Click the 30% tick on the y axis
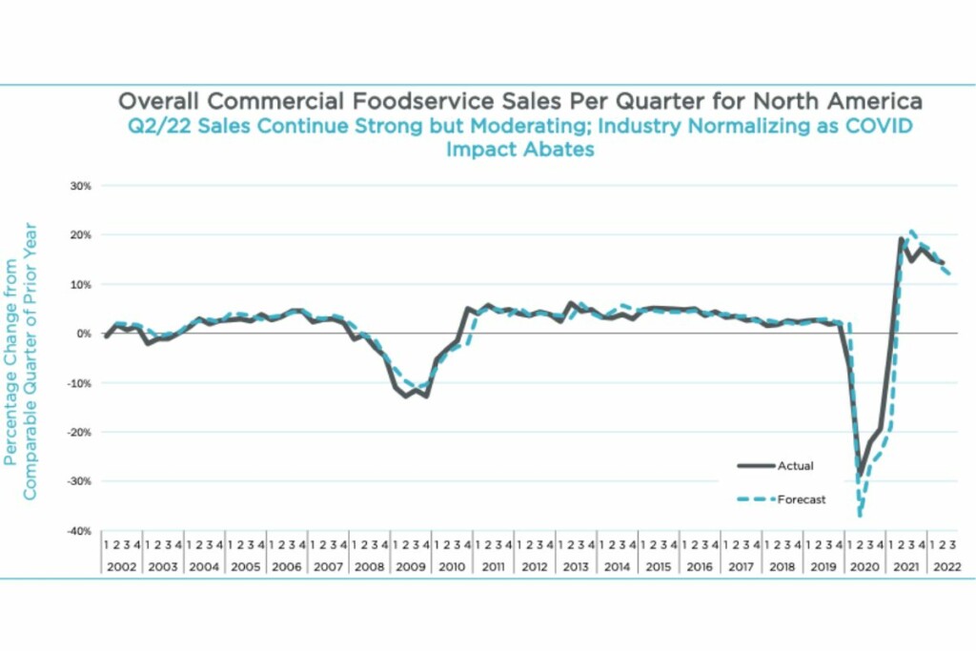tap(79, 186)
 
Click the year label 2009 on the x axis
tap(410, 565)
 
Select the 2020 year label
tap(865, 565)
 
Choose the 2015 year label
tap(658, 565)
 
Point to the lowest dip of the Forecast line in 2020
tap(860, 516)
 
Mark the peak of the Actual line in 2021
tap(901, 238)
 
